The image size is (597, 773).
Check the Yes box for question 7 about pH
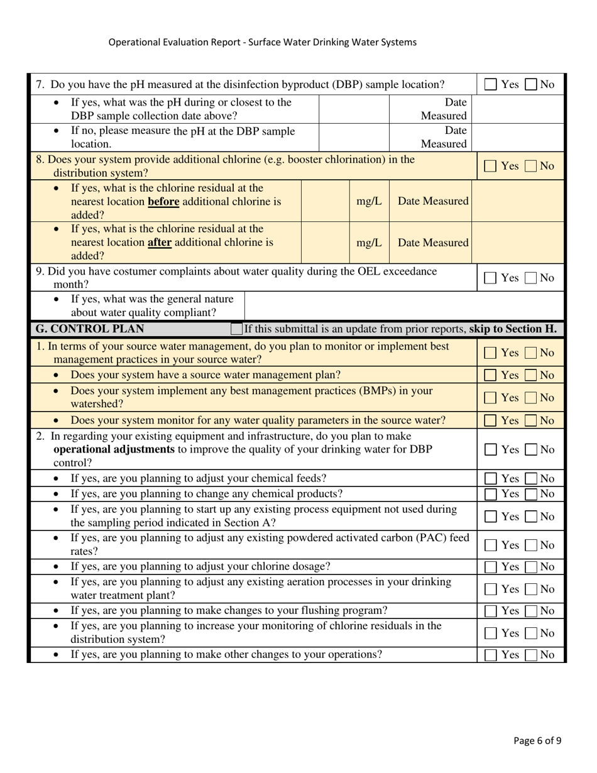click(x=491, y=84)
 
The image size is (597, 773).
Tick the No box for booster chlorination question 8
click(x=531, y=167)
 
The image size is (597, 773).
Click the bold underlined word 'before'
click(x=163, y=202)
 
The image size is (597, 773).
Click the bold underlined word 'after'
click(x=160, y=242)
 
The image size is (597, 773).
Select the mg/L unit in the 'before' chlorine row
click(x=369, y=201)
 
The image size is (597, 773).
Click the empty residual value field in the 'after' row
click(x=326, y=243)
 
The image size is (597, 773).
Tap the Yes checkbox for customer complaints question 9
click(x=491, y=278)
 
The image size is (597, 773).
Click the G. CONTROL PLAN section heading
click(x=90, y=329)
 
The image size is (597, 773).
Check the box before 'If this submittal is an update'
click(x=236, y=329)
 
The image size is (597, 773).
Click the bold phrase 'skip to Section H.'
click(x=513, y=329)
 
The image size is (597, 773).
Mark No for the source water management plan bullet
click(x=531, y=375)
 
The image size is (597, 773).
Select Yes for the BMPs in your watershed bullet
click(x=491, y=398)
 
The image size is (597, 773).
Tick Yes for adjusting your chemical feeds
click(x=491, y=479)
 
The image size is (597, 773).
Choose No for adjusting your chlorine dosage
click(x=531, y=567)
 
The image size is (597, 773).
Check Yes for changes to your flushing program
click(x=491, y=611)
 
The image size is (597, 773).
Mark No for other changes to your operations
click(x=531, y=655)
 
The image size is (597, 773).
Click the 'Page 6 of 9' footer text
click(x=537, y=740)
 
